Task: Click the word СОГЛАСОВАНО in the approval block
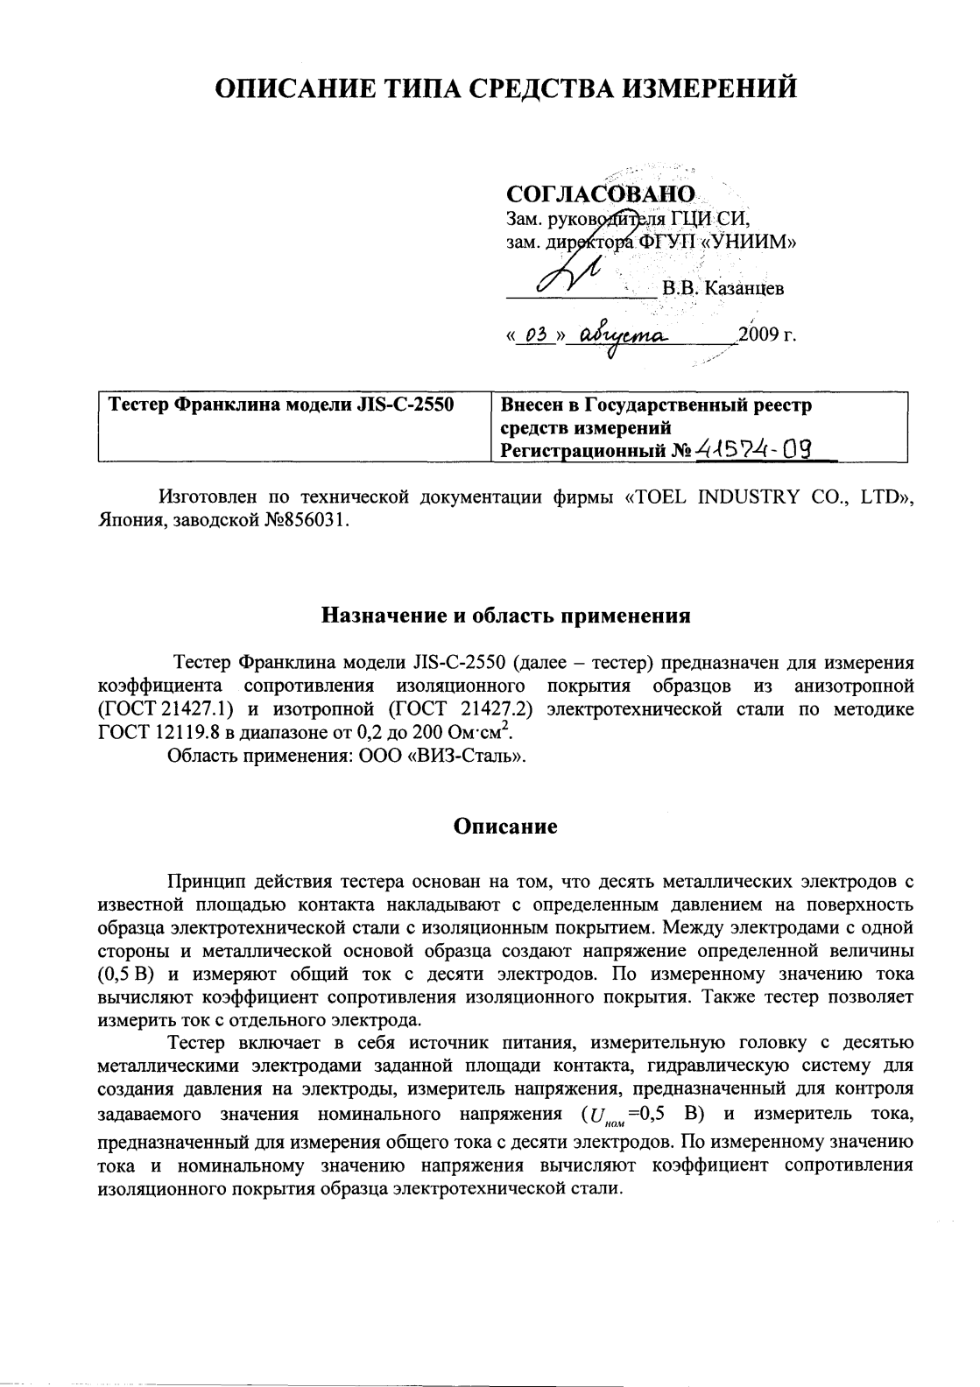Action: pyautogui.click(x=601, y=194)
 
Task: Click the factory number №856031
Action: pyautogui.click(x=305, y=520)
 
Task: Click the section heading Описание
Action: pyautogui.click(x=505, y=827)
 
